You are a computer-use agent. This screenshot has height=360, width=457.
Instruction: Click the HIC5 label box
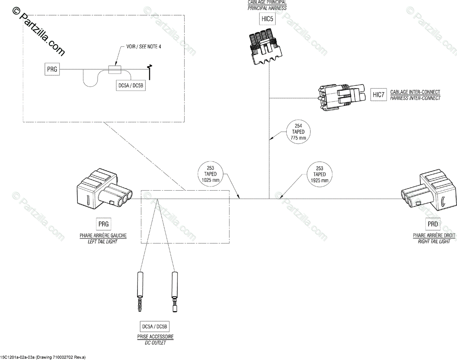pos(267,19)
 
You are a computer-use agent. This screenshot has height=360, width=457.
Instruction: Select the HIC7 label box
pos(379,95)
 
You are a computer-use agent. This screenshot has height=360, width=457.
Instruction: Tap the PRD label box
pos(433,224)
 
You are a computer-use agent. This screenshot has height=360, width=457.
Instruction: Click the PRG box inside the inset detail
pos(52,69)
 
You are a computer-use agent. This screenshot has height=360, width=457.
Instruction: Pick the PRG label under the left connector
pos(104,224)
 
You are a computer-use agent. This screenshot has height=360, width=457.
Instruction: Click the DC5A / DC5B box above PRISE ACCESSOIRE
pos(155,327)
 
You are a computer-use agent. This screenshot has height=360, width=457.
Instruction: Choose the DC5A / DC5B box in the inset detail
pos(131,85)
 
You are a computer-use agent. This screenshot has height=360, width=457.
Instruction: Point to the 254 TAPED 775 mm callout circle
pos(298,132)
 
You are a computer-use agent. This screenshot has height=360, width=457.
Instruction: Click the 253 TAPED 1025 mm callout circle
pos(211,174)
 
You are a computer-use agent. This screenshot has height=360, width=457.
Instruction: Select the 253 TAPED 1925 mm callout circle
pos(320,174)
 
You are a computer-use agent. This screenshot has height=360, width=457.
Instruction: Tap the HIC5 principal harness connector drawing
pos(266,46)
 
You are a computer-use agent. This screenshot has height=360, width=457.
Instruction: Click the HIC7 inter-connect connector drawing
pos(342,97)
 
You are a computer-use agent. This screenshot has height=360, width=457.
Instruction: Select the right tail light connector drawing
pos(429,190)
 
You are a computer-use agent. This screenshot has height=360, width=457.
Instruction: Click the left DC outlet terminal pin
pos(140,292)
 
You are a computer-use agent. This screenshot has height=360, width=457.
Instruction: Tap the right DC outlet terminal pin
pos(175,292)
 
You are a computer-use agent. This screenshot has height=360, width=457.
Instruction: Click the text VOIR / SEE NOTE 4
pos(144,46)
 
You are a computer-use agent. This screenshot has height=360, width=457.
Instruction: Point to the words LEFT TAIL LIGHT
pos(102,242)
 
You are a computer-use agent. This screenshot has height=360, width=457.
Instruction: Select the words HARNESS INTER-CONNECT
pos(415,98)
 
